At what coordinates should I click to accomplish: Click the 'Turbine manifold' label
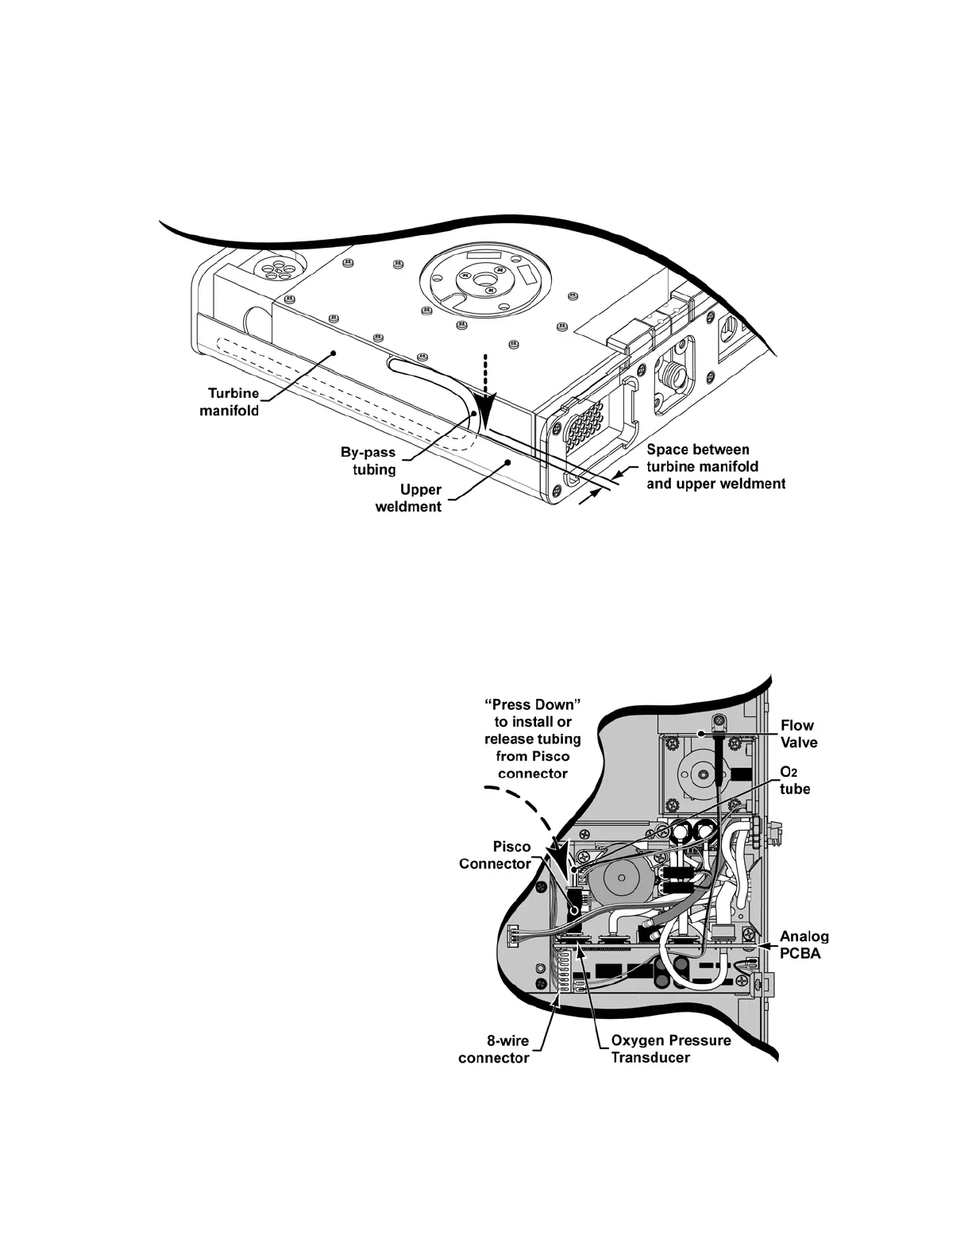233,402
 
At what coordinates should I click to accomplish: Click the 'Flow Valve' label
797,733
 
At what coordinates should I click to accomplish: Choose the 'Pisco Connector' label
495,855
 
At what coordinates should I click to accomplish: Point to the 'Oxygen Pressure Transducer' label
670,1049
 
